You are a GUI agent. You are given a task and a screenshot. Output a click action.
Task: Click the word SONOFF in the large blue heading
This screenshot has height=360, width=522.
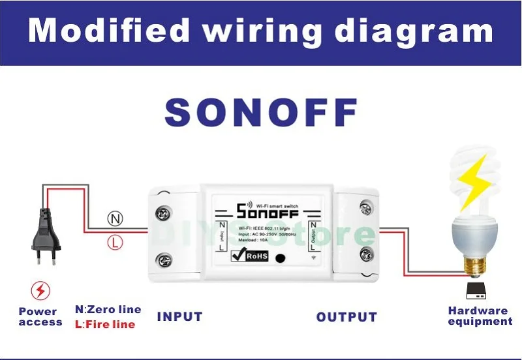click(x=261, y=112)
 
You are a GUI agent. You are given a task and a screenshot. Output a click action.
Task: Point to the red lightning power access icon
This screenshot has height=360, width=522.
click(x=40, y=290)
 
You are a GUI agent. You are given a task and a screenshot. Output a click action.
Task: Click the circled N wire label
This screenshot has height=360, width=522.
click(x=115, y=219)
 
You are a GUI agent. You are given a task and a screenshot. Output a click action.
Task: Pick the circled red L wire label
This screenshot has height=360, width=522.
click(x=115, y=243)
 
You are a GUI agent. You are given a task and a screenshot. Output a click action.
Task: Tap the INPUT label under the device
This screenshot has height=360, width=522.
click(x=179, y=317)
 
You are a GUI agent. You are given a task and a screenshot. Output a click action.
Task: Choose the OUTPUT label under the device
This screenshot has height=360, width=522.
click(x=346, y=318)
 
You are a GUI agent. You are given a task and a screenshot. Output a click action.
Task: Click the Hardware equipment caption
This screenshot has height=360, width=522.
click(x=480, y=316)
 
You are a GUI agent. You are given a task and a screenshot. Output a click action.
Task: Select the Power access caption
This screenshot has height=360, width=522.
click(x=40, y=317)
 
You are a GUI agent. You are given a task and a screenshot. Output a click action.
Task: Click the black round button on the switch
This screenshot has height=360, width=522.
click(x=282, y=257)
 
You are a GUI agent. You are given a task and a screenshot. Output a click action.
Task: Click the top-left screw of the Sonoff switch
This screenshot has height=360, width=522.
click(x=162, y=213)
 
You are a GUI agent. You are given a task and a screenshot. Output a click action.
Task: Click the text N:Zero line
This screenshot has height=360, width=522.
click(x=108, y=310)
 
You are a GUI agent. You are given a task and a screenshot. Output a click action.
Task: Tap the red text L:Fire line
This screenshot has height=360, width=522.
click(x=105, y=324)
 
